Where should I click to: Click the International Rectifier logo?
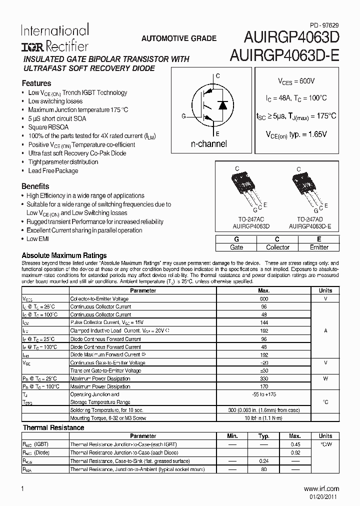pyautogui.click(x=54, y=37)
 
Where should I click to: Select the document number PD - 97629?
pyautogui.click(x=323, y=23)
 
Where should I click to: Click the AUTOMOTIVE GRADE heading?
pyautogui.click(x=179, y=38)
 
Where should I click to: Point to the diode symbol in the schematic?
pyautogui.click(x=223, y=105)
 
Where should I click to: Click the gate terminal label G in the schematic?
pyautogui.click(x=183, y=116)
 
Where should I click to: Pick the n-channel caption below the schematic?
pyautogui.click(x=208, y=144)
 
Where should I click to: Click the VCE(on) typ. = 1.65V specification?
pyautogui.click(x=296, y=134)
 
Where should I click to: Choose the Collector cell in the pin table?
pyautogui.click(x=277, y=247)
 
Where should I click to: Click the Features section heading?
pyautogui.click(x=36, y=83)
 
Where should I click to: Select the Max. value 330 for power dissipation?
pyautogui.click(x=263, y=378)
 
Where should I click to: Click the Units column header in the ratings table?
pyautogui.click(x=325, y=290)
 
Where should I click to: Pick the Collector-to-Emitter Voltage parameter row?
pyautogui.click(x=99, y=298)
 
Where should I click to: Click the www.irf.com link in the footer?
pyautogui.click(x=321, y=488)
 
